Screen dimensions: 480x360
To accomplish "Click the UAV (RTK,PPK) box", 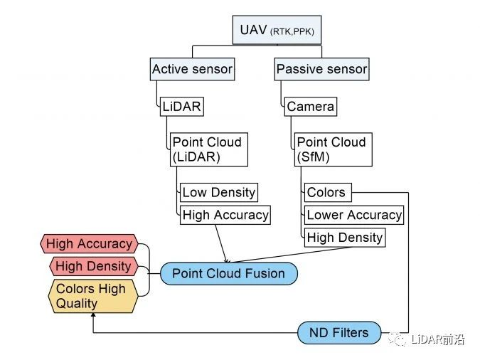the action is [x=277, y=30].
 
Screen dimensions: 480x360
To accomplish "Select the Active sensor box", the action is [x=192, y=69].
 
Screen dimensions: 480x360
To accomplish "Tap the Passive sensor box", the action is [x=321, y=69].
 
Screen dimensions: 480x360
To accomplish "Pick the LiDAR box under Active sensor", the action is [x=182, y=107].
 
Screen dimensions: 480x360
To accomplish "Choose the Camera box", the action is [x=311, y=107].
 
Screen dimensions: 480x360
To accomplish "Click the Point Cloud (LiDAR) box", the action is [x=209, y=149].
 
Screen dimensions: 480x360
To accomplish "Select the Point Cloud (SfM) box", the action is [x=334, y=149].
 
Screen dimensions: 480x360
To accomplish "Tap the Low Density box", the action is [x=219, y=192].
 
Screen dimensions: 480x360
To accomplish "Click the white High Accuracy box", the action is [x=225, y=215].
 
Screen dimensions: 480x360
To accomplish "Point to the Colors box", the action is [x=328, y=192].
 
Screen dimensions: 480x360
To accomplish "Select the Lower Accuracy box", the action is [x=354, y=215].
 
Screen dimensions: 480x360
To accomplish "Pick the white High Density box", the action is [x=345, y=238].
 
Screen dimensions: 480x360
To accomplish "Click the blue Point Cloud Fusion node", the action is [x=229, y=273].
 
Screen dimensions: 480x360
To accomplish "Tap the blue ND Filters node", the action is [x=339, y=333].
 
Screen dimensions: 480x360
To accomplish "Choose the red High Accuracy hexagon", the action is [x=89, y=244].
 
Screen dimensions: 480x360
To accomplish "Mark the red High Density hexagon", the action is [x=94, y=266].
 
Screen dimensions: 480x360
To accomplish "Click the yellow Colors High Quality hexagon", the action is [x=93, y=296].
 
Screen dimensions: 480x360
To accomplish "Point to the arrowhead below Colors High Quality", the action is [x=93, y=314].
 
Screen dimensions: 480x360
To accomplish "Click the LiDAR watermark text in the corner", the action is [x=437, y=339].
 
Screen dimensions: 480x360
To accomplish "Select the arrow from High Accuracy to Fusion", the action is [x=221, y=243].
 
